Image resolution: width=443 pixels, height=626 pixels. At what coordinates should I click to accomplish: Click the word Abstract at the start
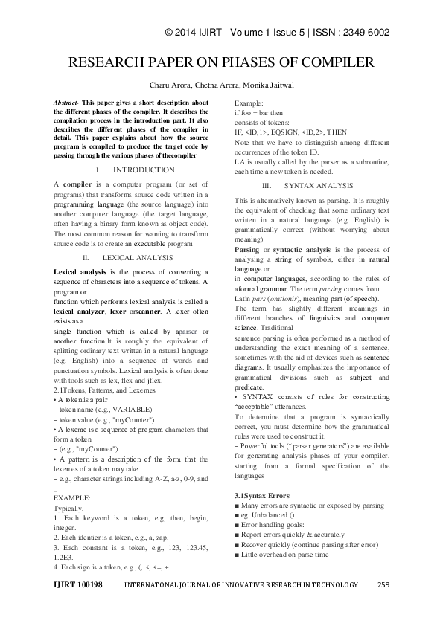click(67, 100)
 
